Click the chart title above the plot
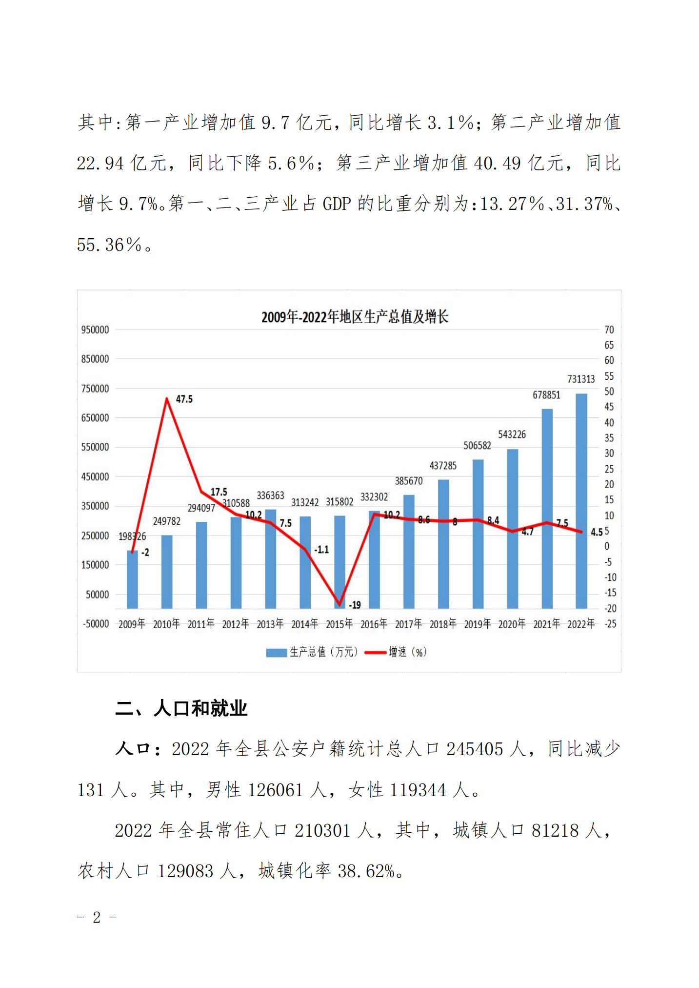(x=355, y=317)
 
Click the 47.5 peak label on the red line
(x=184, y=399)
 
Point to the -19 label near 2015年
(x=355, y=605)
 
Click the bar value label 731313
(x=581, y=379)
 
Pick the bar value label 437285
(x=443, y=466)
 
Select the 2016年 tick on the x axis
(x=374, y=624)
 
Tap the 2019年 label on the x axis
(x=477, y=624)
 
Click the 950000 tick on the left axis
(x=95, y=330)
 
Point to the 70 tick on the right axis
(x=609, y=330)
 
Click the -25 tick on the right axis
(x=610, y=624)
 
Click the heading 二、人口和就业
(x=181, y=708)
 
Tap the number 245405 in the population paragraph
(x=474, y=749)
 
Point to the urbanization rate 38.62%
(x=366, y=871)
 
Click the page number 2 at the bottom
(x=97, y=917)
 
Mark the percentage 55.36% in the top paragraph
(x=109, y=245)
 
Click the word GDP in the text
(x=337, y=204)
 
